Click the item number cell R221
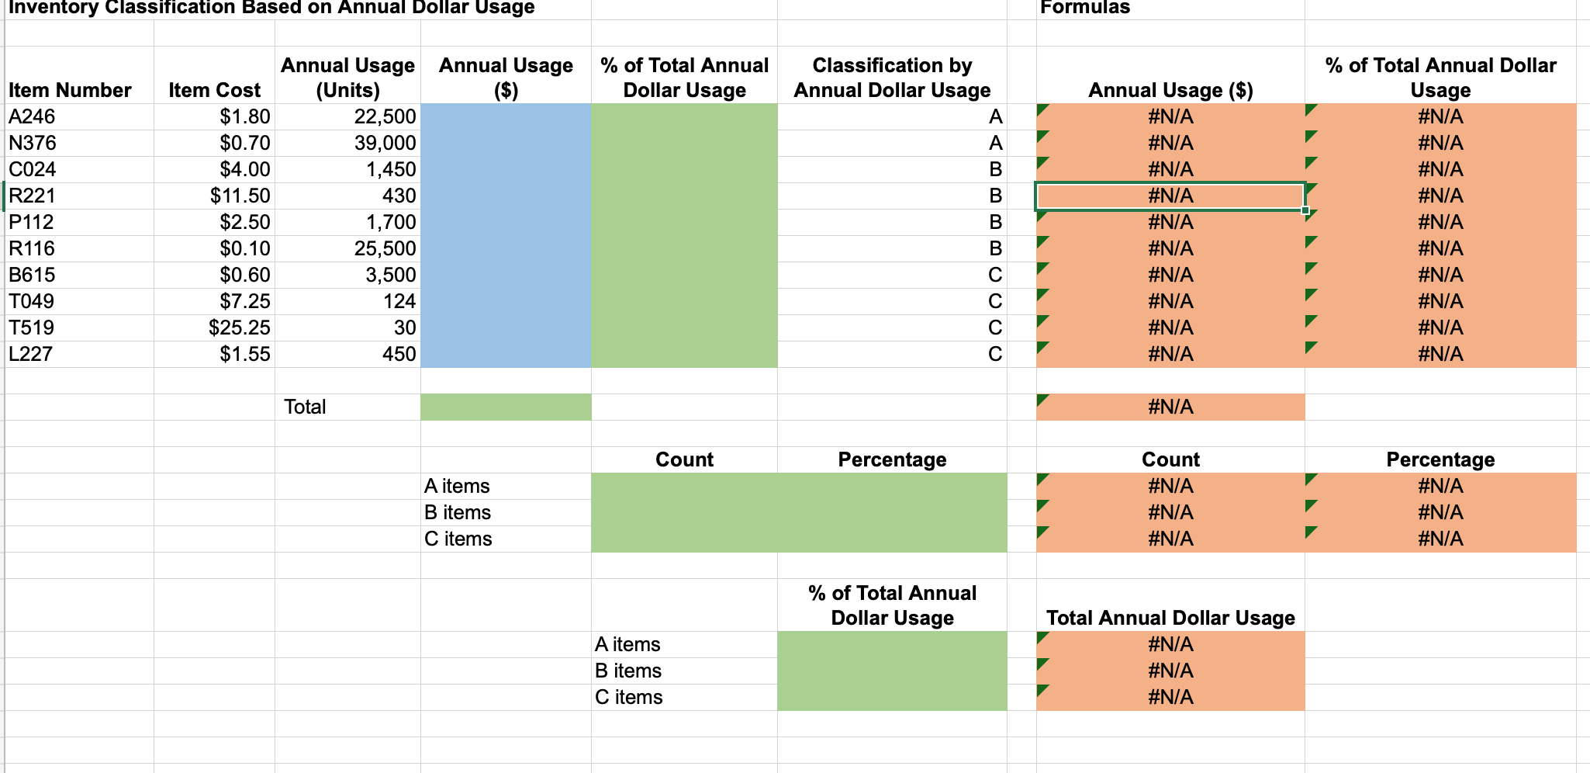click(32, 196)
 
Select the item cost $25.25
click(239, 328)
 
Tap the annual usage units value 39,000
click(385, 143)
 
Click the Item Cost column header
click(214, 90)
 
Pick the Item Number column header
click(70, 90)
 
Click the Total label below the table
click(305, 407)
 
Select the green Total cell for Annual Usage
click(506, 407)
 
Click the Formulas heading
click(1085, 8)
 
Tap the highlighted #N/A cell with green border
click(1170, 196)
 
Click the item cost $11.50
click(240, 196)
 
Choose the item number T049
click(31, 301)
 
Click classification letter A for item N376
click(995, 143)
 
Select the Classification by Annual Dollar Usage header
click(892, 78)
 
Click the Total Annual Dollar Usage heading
click(1170, 618)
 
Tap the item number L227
click(30, 354)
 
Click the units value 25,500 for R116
click(385, 248)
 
